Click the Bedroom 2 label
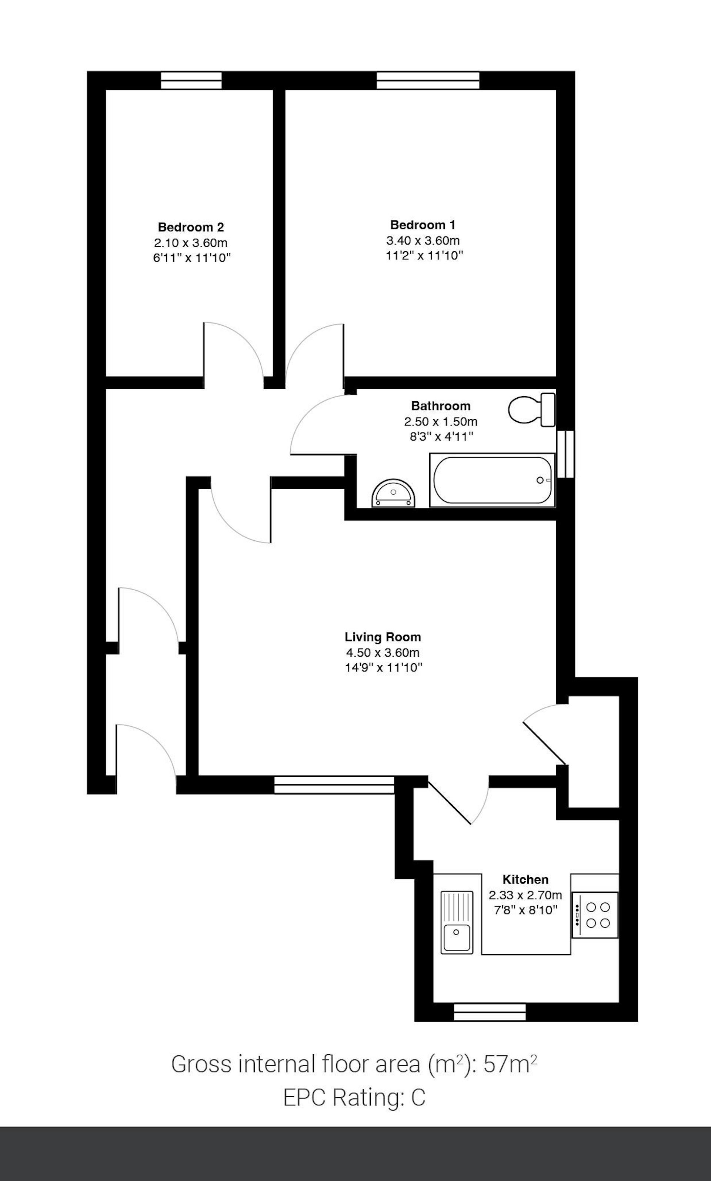point(191,227)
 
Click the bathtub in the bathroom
point(492,480)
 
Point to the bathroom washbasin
point(393,493)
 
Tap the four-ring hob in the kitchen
point(595,915)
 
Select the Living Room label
point(383,637)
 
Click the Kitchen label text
point(525,879)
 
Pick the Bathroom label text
point(441,406)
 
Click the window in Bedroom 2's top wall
point(191,80)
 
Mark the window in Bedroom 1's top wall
point(428,80)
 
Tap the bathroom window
point(565,454)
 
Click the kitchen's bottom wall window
point(490,1012)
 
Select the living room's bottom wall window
point(334,785)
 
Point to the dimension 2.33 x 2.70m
point(525,895)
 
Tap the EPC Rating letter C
point(418,1097)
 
